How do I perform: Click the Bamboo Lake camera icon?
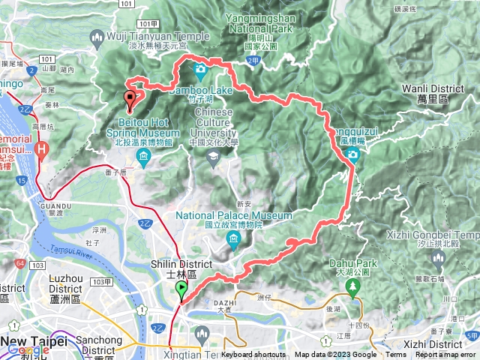200,70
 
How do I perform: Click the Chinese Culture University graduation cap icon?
213,155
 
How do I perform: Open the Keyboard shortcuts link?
253,355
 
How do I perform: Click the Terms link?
396,355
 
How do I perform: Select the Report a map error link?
447,355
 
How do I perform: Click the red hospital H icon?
43,147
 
